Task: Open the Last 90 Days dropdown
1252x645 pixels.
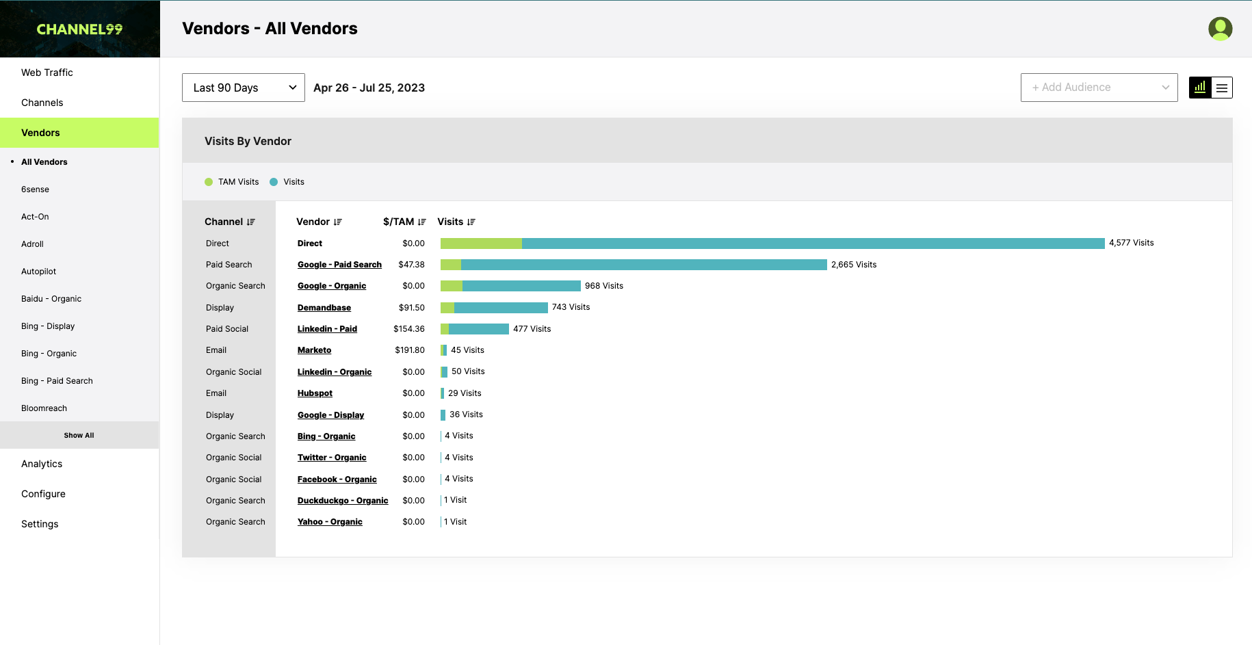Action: pos(243,88)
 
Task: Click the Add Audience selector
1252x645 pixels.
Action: pos(1099,88)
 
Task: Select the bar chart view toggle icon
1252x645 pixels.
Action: pos(1200,88)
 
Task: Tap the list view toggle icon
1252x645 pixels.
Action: pos(1222,88)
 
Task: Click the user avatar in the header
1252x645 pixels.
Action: pos(1221,29)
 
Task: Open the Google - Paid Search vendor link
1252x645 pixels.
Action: pos(339,265)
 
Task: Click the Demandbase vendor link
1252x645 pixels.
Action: pos(324,308)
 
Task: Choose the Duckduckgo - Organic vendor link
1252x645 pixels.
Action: pos(343,501)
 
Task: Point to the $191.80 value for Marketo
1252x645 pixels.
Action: pos(410,350)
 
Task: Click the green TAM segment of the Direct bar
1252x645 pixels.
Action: pos(481,243)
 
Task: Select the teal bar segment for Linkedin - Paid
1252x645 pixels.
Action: pos(479,329)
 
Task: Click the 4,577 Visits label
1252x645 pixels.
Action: pos(1132,243)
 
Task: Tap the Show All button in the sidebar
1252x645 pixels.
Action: pos(79,435)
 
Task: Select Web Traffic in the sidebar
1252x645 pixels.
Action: pos(47,73)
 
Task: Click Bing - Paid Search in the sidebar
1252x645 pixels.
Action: pos(57,381)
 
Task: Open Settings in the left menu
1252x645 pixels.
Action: pos(40,524)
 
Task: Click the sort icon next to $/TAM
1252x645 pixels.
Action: pos(422,222)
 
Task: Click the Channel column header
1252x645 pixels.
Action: pos(224,222)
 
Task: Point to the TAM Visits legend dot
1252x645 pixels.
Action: pos(209,182)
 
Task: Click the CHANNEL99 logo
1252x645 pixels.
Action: pos(79,29)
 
